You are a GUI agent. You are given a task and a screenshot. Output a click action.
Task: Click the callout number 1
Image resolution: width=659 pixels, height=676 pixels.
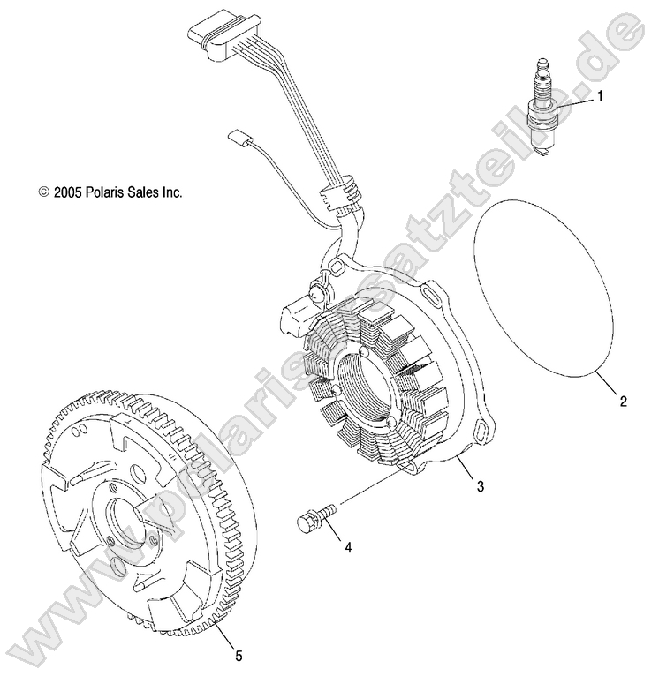600,96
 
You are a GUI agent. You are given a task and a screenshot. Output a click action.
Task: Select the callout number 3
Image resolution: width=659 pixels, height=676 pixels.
479,485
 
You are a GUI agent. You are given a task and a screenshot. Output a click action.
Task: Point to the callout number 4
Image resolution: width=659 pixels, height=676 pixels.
348,548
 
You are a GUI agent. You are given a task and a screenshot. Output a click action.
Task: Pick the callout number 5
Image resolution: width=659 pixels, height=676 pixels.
238,655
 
